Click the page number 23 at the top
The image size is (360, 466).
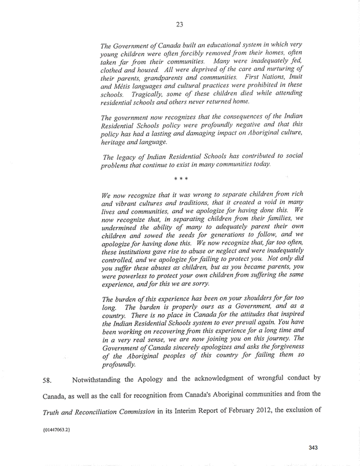tap(180, 23)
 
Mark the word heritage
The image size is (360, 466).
tap(115, 141)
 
